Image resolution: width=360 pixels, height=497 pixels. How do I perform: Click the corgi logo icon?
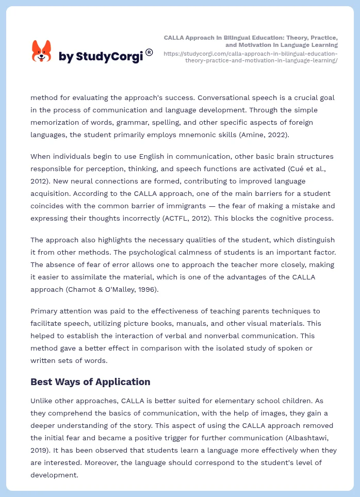pyautogui.click(x=42, y=52)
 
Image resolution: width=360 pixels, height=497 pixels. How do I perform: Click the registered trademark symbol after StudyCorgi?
pyautogui.click(x=149, y=52)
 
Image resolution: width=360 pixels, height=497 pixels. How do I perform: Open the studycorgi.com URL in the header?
pyautogui.click(x=251, y=57)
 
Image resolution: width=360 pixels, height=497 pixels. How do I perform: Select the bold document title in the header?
pyautogui.click(x=251, y=41)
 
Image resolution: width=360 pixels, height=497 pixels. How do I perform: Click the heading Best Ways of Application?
pyautogui.click(x=90, y=382)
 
